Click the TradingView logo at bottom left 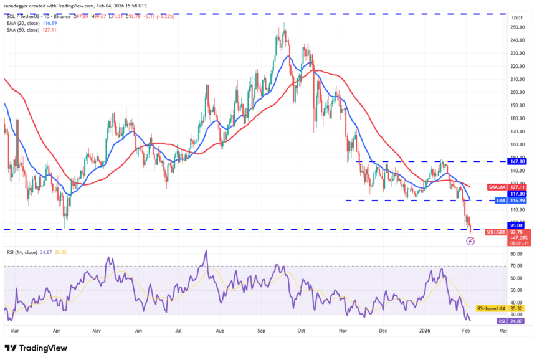pos(36,348)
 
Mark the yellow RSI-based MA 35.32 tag pos(498,308)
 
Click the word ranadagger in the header pos(19,7)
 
